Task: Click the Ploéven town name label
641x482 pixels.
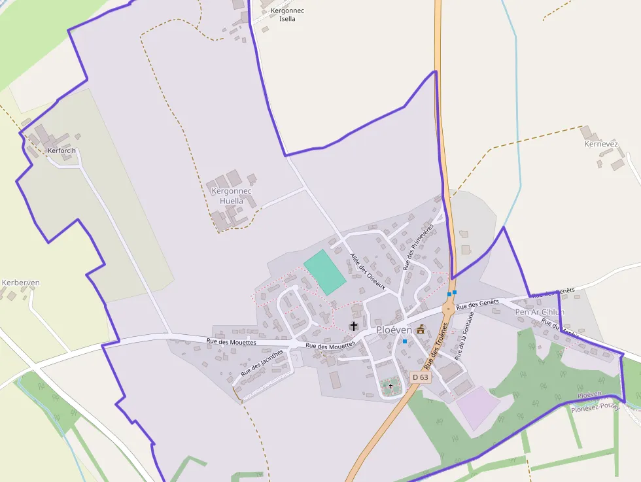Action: coord(394,330)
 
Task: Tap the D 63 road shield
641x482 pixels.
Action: coord(421,377)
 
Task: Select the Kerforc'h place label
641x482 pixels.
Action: coord(62,150)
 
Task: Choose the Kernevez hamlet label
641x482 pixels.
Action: coord(601,144)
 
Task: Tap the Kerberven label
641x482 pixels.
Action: coord(21,283)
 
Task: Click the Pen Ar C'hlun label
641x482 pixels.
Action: coord(540,312)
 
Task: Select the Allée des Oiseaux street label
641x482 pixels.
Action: coord(368,272)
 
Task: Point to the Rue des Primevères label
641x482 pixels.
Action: coord(419,247)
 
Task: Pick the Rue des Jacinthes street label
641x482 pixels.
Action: coord(262,362)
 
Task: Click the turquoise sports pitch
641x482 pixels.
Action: coord(324,271)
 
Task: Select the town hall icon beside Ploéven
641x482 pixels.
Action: coord(420,330)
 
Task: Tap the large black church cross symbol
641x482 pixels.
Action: coord(354,325)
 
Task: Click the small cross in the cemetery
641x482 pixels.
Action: coord(391,387)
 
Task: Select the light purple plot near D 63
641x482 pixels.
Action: coord(478,407)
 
